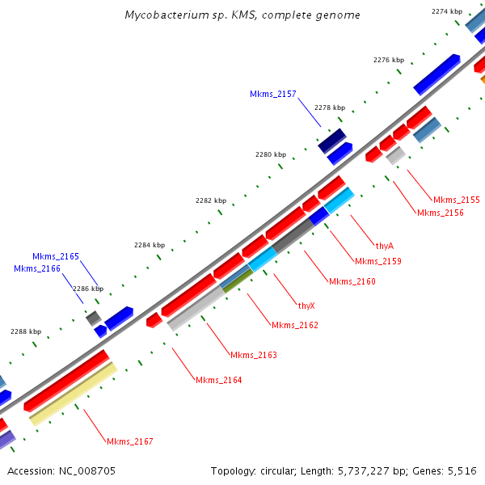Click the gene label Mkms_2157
(272, 95)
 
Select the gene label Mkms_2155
(456, 200)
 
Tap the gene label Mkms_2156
(440, 213)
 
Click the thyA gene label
(384, 245)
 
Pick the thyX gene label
(306, 306)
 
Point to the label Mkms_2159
(377, 261)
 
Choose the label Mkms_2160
(352, 281)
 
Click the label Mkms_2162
(294, 325)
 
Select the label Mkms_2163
(253, 355)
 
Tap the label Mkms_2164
(218, 380)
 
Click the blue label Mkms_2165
(56, 256)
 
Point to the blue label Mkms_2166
(36, 268)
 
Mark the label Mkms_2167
(129, 441)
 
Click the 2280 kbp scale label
(270, 154)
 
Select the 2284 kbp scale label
(149, 245)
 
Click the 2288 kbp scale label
(25, 331)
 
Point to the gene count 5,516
(462, 470)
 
